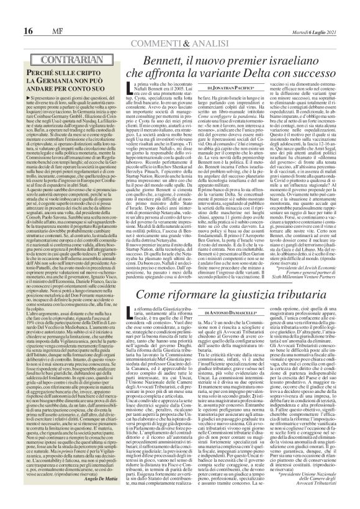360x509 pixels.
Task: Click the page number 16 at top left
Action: (x=11, y=13)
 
